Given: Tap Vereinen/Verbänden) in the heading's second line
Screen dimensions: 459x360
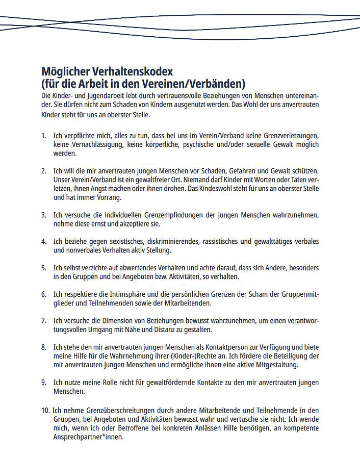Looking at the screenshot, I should click(198, 83).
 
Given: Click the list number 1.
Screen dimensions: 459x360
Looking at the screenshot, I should click(43, 136).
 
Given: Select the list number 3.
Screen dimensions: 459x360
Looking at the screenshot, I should click(43, 215).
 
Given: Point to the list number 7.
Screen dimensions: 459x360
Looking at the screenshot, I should click(43, 321).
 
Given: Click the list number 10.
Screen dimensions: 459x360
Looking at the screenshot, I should click(45, 410).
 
